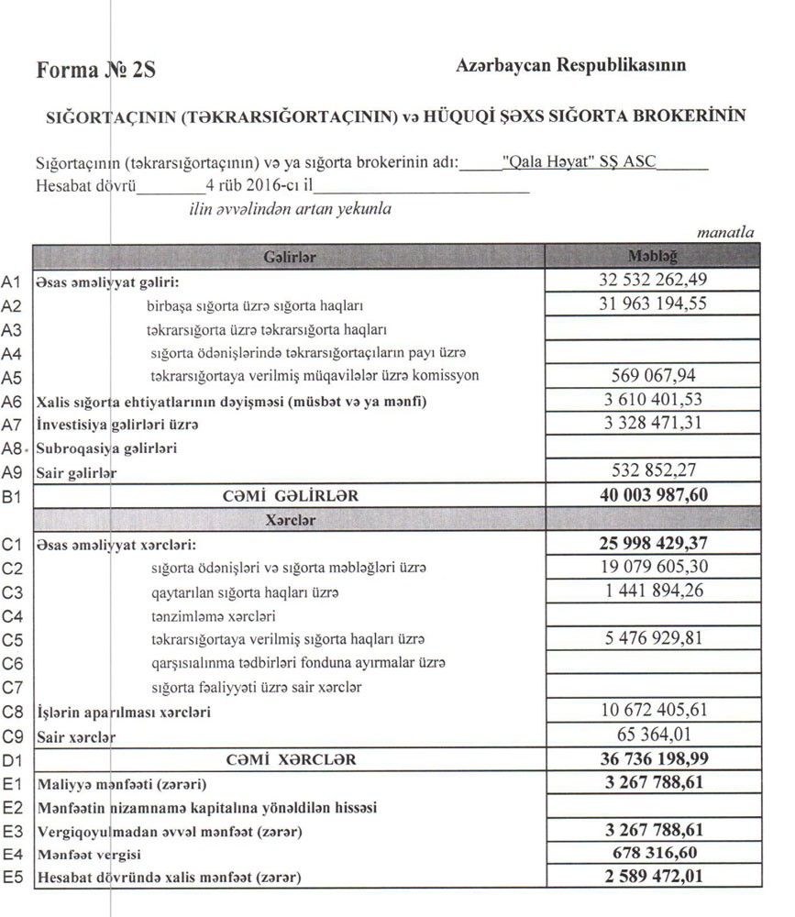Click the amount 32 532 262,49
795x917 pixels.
point(652,281)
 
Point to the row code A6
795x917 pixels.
point(12,402)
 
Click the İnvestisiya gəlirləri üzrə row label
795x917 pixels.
point(116,425)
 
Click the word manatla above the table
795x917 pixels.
point(725,233)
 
